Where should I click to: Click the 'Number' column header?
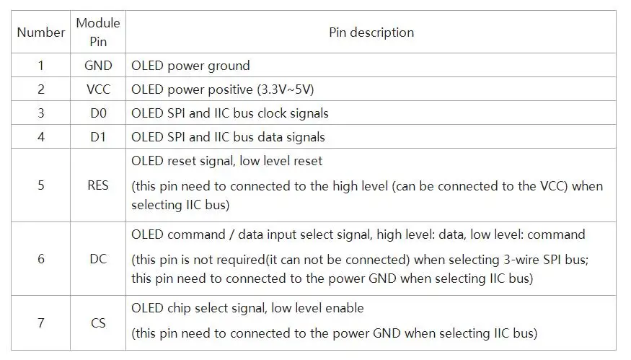(x=40, y=32)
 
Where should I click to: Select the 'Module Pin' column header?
(x=98, y=32)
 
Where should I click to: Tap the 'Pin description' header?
(x=371, y=32)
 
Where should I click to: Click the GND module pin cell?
(x=98, y=65)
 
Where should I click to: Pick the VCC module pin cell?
(x=98, y=89)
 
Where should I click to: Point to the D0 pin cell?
(x=98, y=113)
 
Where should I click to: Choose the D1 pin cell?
(x=98, y=137)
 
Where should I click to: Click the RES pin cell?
(x=98, y=185)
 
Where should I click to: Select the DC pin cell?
(x=98, y=258)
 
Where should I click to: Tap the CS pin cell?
(x=98, y=323)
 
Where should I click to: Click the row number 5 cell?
(x=40, y=185)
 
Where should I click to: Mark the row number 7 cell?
(x=40, y=323)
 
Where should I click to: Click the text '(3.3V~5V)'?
(x=286, y=89)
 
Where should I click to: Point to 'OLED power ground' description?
(x=190, y=66)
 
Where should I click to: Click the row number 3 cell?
(x=40, y=113)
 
